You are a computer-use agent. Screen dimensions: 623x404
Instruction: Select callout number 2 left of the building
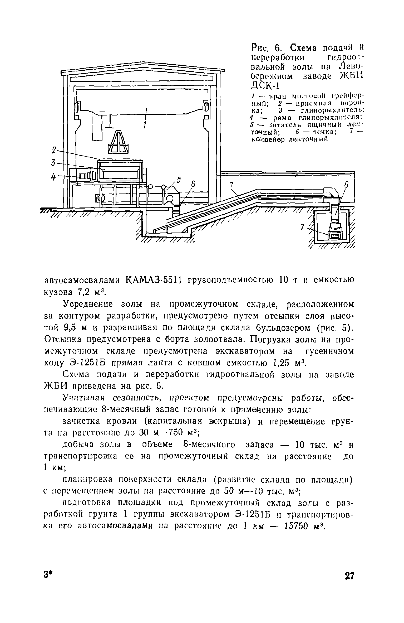pyautogui.click(x=54, y=151)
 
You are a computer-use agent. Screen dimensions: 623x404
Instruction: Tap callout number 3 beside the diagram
pyautogui.click(x=53, y=163)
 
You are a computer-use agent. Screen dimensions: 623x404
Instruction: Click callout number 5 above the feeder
pyautogui.click(x=179, y=180)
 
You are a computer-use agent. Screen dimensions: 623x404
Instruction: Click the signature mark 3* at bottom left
pyautogui.click(x=47, y=576)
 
